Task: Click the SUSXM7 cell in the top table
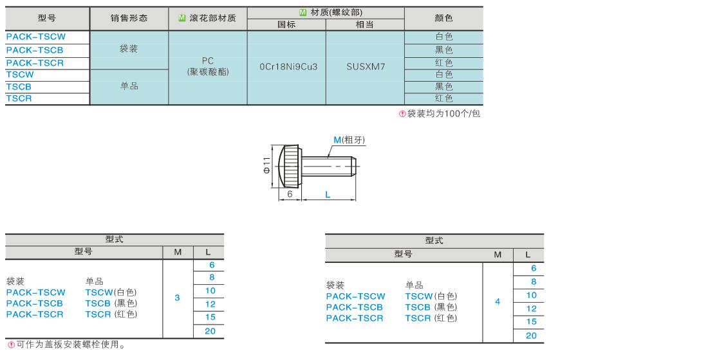[366, 67]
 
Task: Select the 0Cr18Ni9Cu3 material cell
[288, 67]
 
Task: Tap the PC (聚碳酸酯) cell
[208, 66]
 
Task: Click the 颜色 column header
[443, 18]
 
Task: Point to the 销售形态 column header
[129, 18]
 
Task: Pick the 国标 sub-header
[286, 25]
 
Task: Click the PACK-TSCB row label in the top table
[35, 50]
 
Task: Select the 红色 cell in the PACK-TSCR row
[443, 63]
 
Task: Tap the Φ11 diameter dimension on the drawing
[267, 165]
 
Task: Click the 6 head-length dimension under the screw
[290, 194]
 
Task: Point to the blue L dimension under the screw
[328, 194]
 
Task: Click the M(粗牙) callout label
[349, 140]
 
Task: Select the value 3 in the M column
[178, 298]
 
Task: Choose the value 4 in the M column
[498, 301]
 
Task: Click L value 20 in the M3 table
[210, 331]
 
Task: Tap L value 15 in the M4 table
[532, 321]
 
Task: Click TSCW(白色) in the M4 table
[431, 296]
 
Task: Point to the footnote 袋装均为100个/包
[440, 114]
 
